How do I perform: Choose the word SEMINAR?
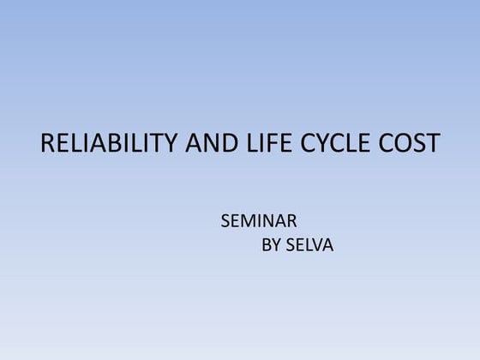(x=259, y=221)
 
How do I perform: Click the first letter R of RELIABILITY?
(x=48, y=143)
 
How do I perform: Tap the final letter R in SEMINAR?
(x=292, y=221)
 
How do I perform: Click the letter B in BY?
(x=266, y=246)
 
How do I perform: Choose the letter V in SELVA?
(x=315, y=246)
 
